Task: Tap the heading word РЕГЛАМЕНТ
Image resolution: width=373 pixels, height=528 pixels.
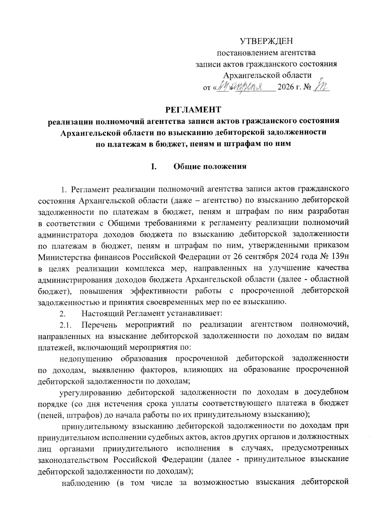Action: click(193, 109)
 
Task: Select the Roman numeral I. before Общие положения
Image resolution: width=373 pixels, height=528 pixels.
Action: click(153, 166)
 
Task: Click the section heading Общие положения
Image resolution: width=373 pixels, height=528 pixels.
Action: click(210, 166)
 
